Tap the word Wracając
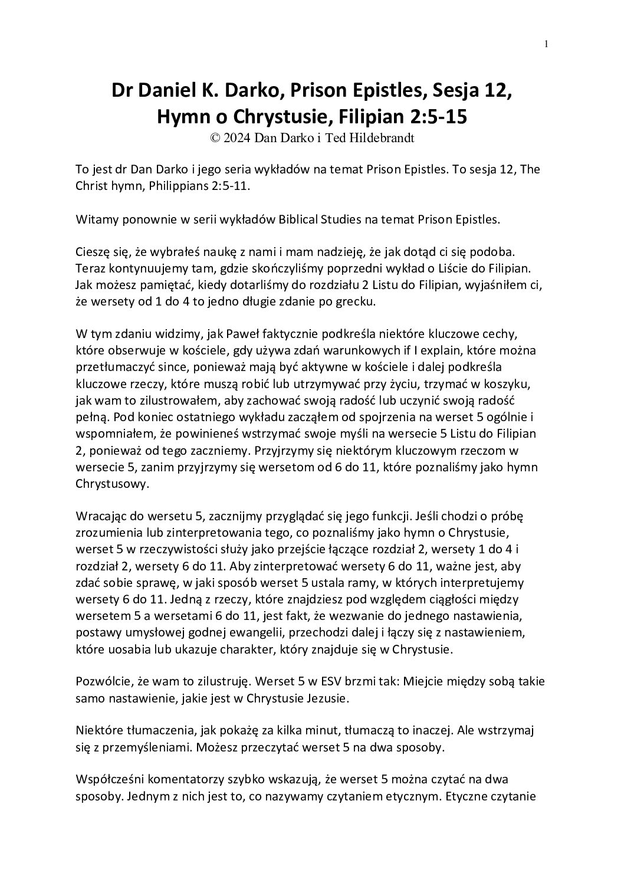pos(101,516)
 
